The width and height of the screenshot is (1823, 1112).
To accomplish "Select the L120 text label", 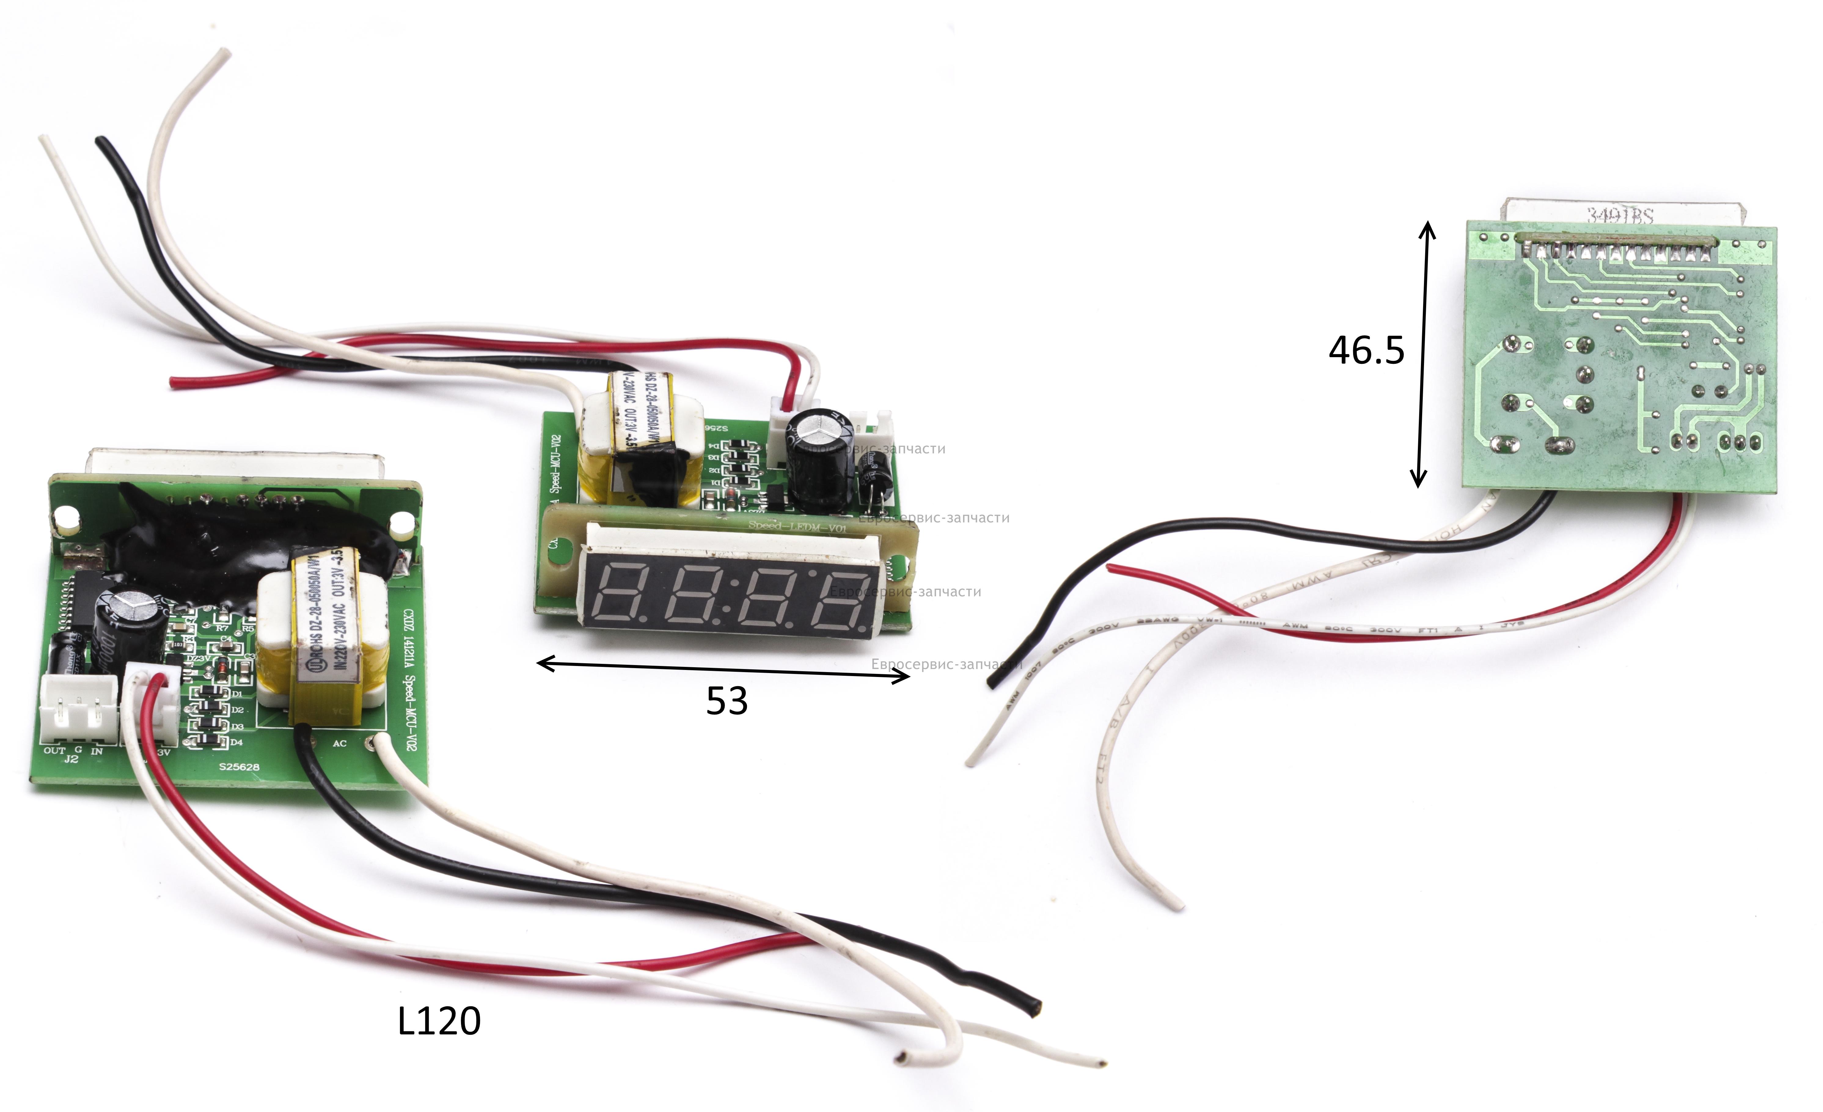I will coord(439,1021).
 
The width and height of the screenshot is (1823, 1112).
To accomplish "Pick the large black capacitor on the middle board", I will coord(818,459).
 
